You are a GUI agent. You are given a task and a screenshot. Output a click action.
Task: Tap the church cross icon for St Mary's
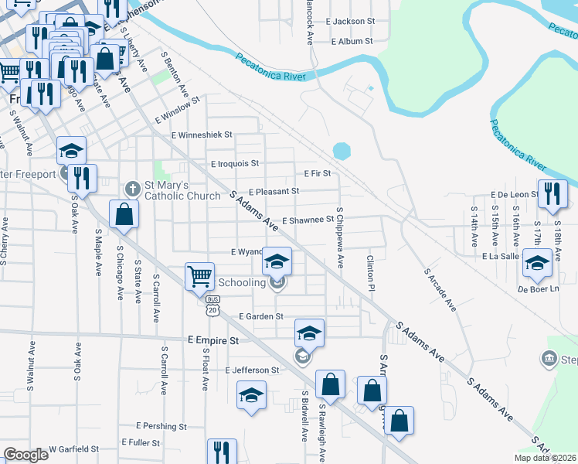coord(132,188)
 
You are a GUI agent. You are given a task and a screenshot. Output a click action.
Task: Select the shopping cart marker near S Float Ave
coord(199,276)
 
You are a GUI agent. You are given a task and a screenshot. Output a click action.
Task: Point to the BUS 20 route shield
coord(213,306)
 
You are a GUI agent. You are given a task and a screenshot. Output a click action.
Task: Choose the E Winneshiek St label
coord(202,135)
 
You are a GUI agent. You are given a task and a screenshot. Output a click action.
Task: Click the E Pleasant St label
coord(274,191)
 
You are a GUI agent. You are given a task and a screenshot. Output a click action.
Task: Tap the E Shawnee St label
coord(308,220)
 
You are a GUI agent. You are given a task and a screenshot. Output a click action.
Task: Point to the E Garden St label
coord(261,316)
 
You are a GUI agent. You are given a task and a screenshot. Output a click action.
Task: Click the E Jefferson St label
coord(252,370)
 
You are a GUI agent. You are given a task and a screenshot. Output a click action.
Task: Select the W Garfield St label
coord(74,449)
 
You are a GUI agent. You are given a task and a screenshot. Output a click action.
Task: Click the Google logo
coord(25,455)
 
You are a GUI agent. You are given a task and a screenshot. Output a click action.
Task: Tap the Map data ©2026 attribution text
coord(546,458)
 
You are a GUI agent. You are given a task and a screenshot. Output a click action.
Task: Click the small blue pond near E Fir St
coord(342,149)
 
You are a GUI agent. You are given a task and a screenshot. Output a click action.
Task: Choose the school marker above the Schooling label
coord(277,261)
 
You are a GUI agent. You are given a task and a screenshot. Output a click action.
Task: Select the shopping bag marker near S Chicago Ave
coord(124,214)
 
